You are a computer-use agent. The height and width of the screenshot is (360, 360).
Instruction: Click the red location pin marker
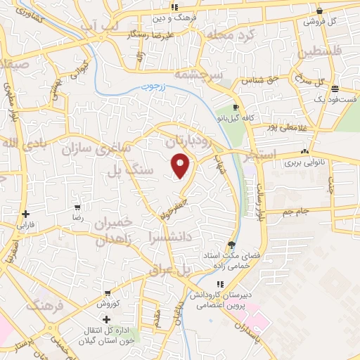(x=181, y=165)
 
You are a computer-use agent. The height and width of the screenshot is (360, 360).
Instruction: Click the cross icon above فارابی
(x=25, y=214)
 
